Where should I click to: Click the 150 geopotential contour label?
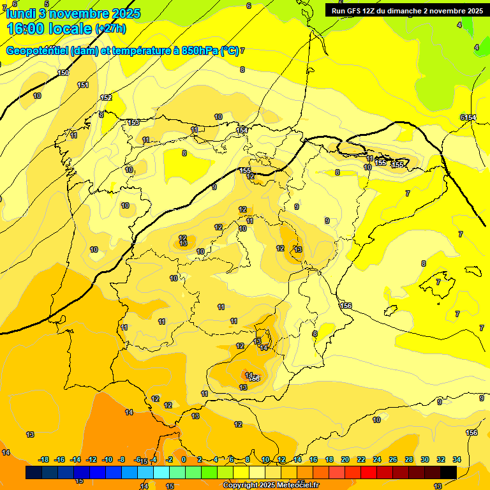tap(63, 73)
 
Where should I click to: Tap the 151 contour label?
tap(83, 85)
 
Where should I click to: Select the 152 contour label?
tap(106, 98)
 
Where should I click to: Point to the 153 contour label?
tap(133, 122)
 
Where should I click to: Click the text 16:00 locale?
tap(49, 29)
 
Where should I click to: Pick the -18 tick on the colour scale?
tap(43, 459)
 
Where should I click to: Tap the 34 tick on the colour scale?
tap(457, 459)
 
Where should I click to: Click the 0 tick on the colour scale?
tap(184, 459)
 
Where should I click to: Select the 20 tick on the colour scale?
tap(345, 459)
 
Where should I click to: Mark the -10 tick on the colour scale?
tap(107, 459)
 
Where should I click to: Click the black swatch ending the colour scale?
tap(449, 472)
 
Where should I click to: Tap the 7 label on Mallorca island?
tap(438, 281)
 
